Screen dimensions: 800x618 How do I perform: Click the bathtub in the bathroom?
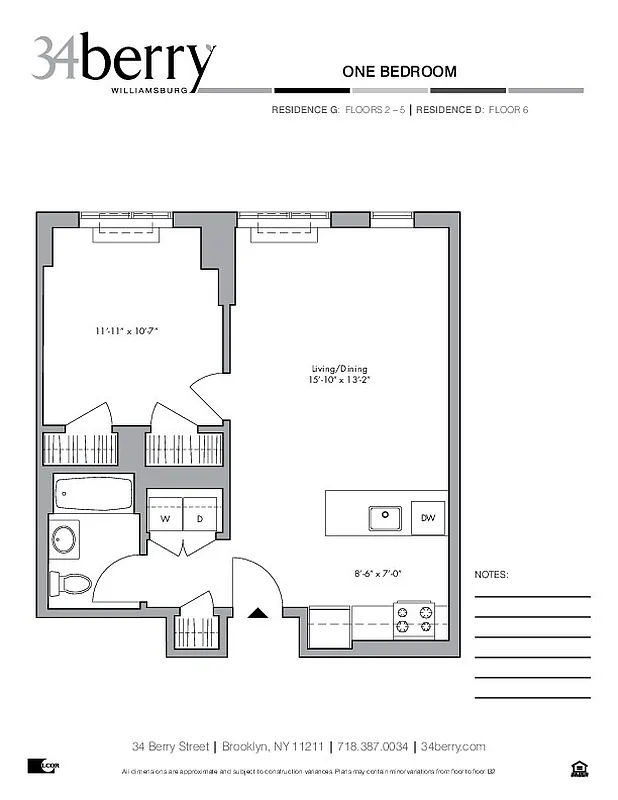pyautogui.click(x=91, y=493)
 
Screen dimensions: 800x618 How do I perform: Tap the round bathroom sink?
pyautogui.click(x=65, y=539)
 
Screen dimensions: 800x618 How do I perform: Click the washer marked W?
pyautogui.click(x=165, y=518)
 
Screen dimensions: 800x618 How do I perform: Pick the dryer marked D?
pyautogui.click(x=200, y=518)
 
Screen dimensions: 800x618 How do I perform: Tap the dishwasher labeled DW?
pyautogui.click(x=428, y=518)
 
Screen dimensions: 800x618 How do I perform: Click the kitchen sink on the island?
pyautogui.click(x=385, y=518)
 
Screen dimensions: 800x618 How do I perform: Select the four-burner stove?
pyautogui.click(x=415, y=620)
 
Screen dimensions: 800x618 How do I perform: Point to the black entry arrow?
pyautogui.click(x=259, y=614)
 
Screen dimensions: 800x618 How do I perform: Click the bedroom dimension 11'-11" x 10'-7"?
pyautogui.click(x=128, y=330)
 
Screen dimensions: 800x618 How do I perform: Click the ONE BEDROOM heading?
pyautogui.click(x=399, y=71)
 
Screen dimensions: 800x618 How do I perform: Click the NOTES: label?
pyautogui.click(x=491, y=575)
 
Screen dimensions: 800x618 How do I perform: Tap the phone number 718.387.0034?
pyautogui.click(x=374, y=746)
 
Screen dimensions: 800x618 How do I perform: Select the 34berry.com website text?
pyautogui.click(x=453, y=746)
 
